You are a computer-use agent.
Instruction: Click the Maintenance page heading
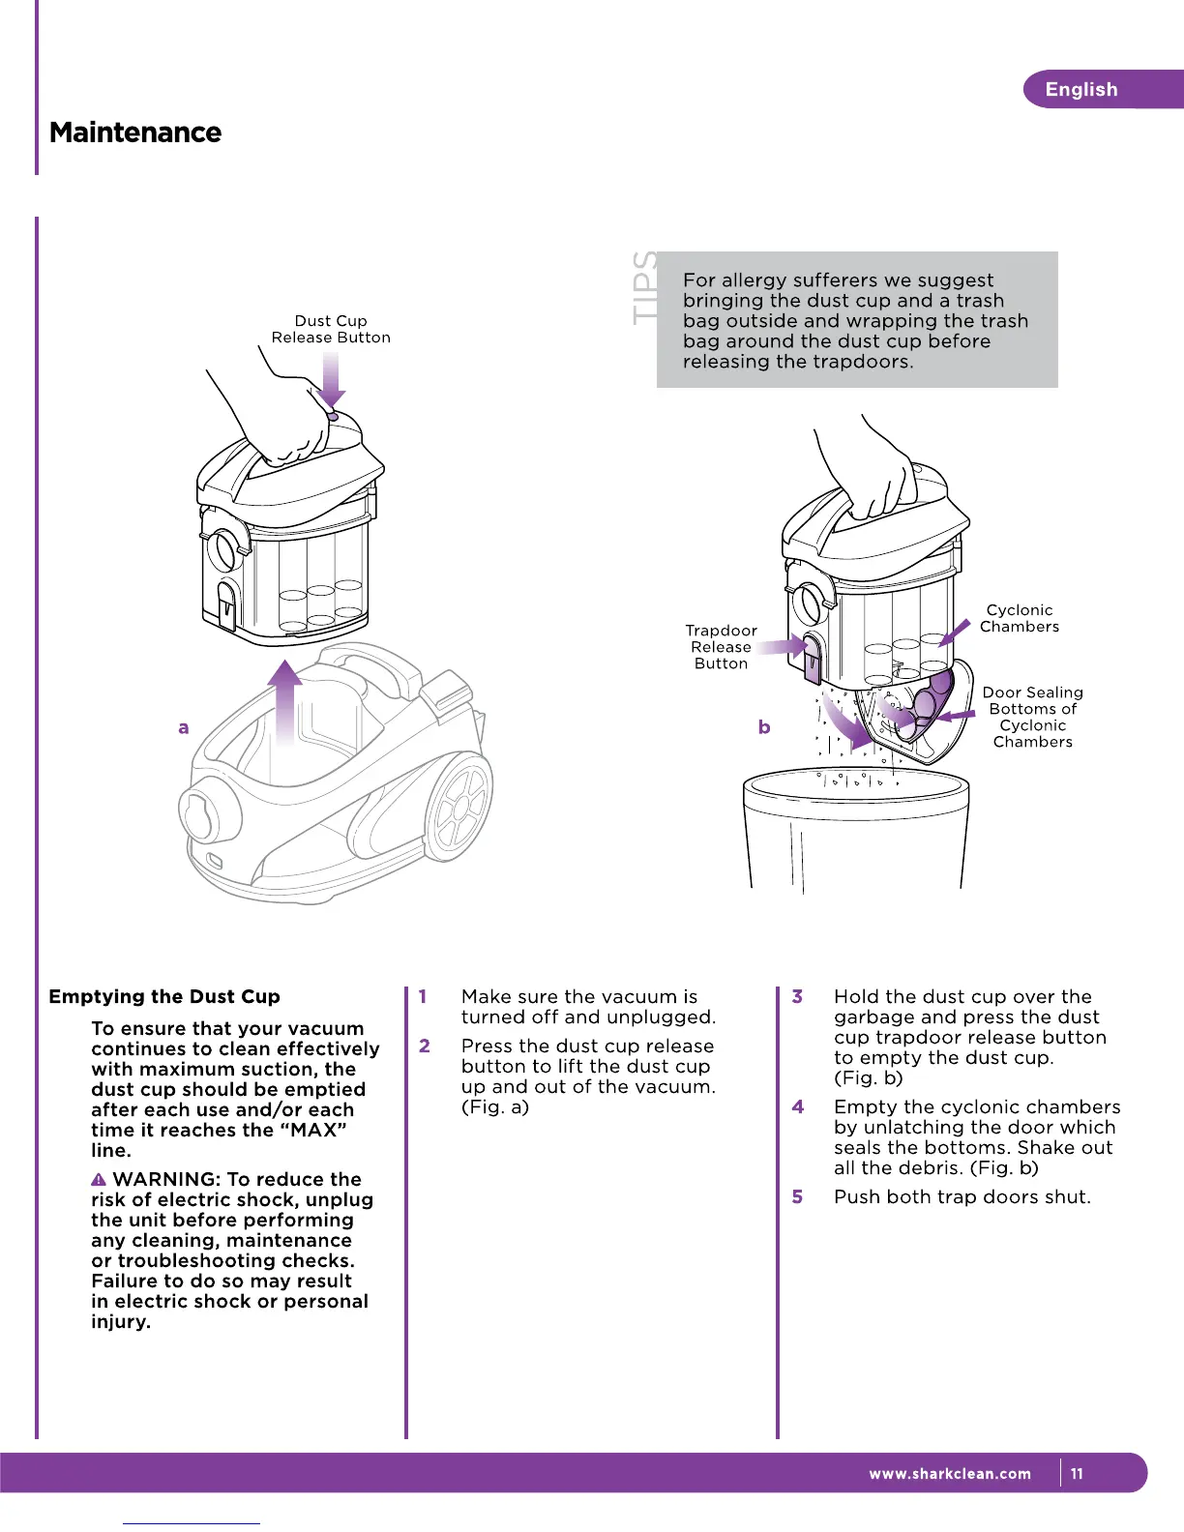click(x=135, y=133)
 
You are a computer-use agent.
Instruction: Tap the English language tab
click(x=1081, y=90)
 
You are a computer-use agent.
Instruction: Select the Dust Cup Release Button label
click(x=331, y=329)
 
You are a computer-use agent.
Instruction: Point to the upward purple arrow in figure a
click(x=284, y=701)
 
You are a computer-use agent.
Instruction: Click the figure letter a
click(x=184, y=727)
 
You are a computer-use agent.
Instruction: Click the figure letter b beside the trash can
click(x=764, y=726)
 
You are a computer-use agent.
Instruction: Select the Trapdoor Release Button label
click(x=721, y=647)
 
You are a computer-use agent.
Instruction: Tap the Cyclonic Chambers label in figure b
click(x=1020, y=618)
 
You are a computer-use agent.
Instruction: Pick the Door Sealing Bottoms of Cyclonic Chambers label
click(x=1032, y=717)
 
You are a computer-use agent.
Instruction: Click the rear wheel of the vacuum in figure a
click(x=459, y=809)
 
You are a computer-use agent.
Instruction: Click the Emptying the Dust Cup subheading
click(x=164, y=996)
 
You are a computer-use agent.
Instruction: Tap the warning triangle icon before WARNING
click(x=99, y=1180)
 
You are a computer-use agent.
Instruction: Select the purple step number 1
click(x=423, y=996)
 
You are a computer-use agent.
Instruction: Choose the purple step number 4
click(x=797, y=1106)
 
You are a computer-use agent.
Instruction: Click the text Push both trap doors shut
click(x=962, y=1196)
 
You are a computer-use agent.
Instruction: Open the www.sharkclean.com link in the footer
click(x=950, y=1474)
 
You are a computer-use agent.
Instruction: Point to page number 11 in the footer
click(x=1077, y=1474)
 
